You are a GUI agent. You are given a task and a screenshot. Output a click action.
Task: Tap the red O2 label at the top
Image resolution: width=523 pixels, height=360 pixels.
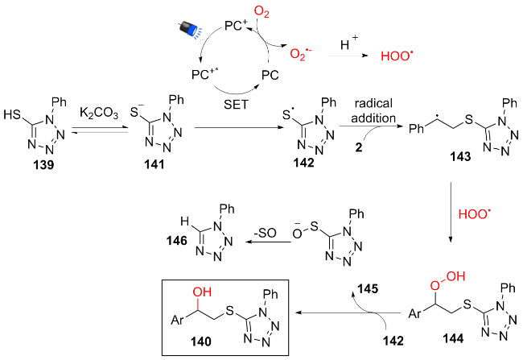pyautogui.click(x=261, y=11)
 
